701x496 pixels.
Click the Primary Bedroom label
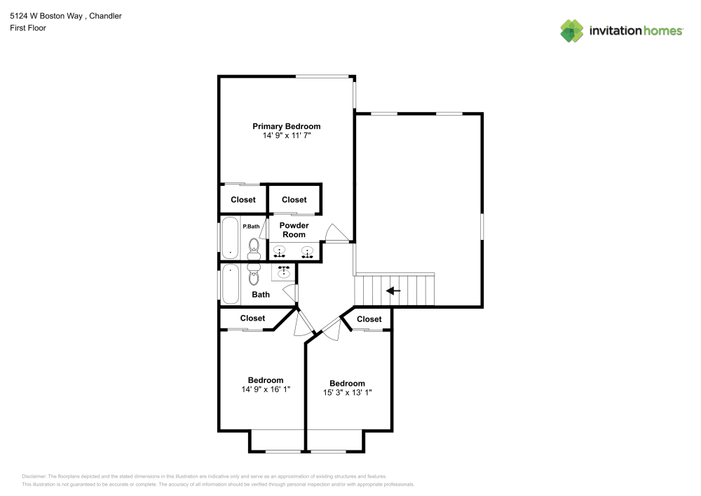point(286,126)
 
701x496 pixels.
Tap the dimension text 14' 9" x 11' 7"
point(287,135)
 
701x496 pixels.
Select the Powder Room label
point(294,230)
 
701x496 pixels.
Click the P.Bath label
point(251,227)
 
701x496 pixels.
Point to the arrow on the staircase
point(393,291)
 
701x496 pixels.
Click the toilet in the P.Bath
point(254,248)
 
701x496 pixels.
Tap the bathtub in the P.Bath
point(230,238)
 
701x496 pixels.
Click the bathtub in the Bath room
point(230,284)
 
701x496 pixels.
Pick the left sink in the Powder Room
point(280,251)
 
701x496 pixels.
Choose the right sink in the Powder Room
point(307,251)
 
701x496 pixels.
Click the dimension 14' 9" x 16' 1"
point(266,389)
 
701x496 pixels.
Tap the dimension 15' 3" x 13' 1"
point(348,393)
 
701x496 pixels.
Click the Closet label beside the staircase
point(369,319)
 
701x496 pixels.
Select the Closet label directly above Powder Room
point(294,200)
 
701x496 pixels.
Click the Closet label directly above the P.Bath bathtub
point(243,200)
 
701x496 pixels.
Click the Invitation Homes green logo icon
point(572,31)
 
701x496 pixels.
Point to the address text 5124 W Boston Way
point(46,16)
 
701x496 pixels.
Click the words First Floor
point(28,28)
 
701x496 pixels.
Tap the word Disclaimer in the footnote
point(34,476)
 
